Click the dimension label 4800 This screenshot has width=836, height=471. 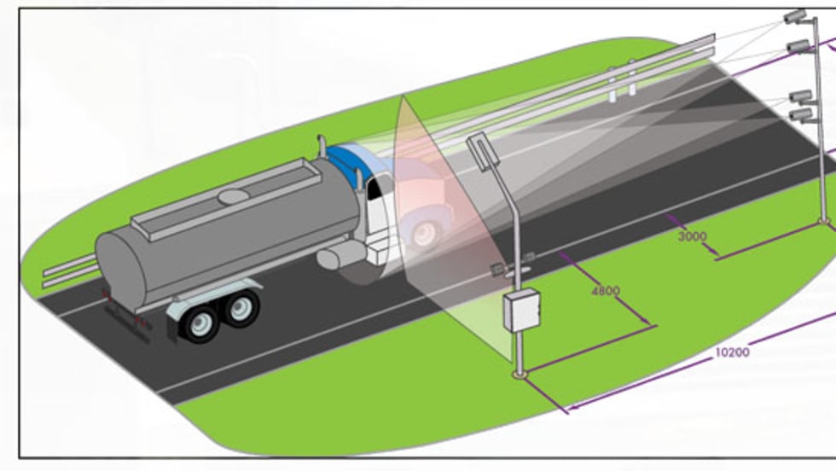(x=605, y=291)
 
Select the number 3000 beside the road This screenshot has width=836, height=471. (x=692, y=236)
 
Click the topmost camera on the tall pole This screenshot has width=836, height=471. (x=793, y=17)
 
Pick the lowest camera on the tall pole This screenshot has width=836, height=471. (x=800, y=114)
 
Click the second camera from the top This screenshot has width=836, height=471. (x=798, y=45)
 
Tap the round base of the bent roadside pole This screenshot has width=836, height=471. (x=519, y=374)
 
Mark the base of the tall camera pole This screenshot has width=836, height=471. (x=823, y=222)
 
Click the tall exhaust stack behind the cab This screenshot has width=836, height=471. (x=322, y=147)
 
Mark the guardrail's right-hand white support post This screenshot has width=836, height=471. (x=632, y=78)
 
